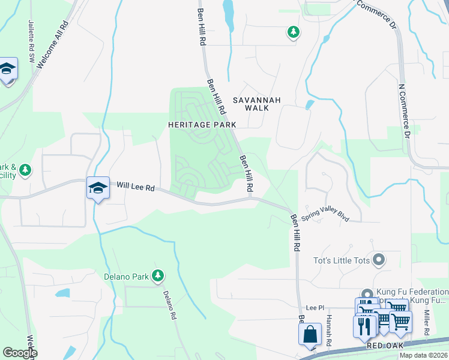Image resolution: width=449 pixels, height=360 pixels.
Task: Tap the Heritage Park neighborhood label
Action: tap(202, 124)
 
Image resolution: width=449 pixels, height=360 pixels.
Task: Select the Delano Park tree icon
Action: tap(158, 275)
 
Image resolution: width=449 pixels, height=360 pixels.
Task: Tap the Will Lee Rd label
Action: tap(136, 187)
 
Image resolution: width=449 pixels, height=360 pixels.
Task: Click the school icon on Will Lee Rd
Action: tap(98, 188)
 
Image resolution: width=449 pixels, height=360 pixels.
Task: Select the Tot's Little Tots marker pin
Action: tap(378, 260)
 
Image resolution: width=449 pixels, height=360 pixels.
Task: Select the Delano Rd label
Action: tap(170, 305)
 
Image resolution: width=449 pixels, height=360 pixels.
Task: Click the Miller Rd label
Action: tap(426, 323)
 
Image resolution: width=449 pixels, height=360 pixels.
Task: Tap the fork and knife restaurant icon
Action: tap(364, 326)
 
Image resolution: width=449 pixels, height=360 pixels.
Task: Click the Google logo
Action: tap(19, 353)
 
